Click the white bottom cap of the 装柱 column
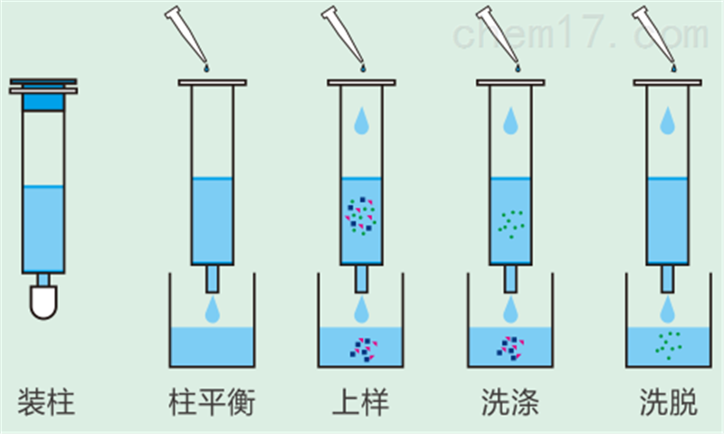(x=43, y=300)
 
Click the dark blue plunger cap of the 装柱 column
(x=43, y=101)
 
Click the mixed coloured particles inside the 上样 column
(x=361, y=215)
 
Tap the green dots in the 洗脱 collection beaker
(x=668, y=344)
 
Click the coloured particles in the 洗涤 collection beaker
(x=510, y=346)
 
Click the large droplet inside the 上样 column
(x=361, y=121)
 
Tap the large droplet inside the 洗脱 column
(x=668, y=121)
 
